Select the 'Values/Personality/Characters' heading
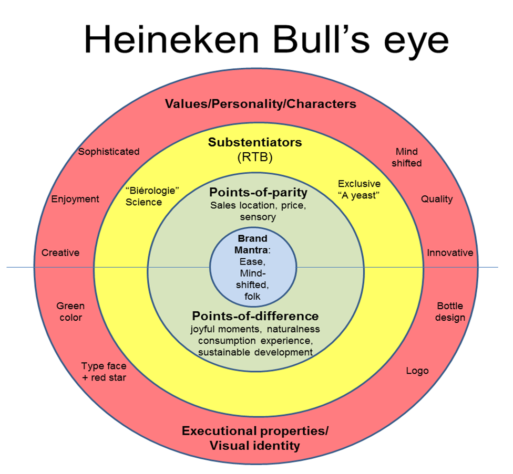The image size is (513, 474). point(260,103)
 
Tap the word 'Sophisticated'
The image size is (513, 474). point(109,152)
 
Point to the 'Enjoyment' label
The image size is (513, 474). point(75,199)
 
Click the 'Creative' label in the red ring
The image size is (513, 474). point(60,252)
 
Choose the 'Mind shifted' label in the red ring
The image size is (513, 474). point(408,157)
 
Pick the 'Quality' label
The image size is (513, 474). point(436,199)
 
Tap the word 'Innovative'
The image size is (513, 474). point(450,252)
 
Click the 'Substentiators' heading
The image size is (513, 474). point(255,142)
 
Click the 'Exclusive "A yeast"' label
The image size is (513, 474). point(359,189)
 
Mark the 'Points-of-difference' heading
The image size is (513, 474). point(255,316)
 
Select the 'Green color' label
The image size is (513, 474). point(70,311)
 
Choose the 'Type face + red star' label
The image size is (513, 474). point(104,372)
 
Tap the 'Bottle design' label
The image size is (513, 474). point(450,311)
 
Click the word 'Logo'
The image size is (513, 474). point(417,371)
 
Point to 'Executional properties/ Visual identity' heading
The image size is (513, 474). point(255,438)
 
